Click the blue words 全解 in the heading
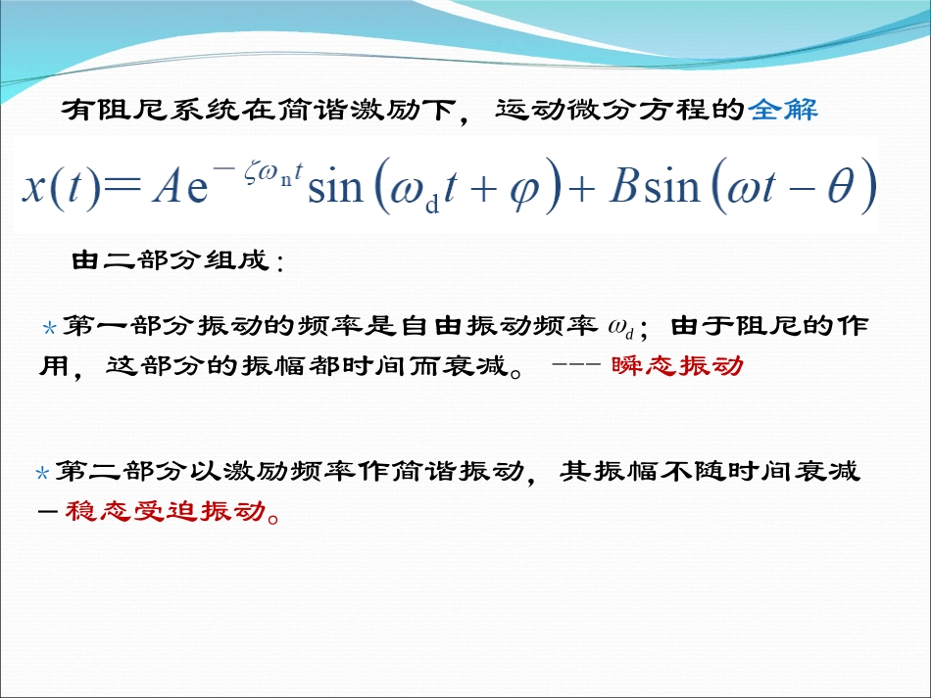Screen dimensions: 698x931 click(x=783, y=110)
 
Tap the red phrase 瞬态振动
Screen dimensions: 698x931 click(x=677, y=366)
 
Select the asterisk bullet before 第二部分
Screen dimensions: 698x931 click(x=41, y=475)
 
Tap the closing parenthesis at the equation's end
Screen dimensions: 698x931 click(x=866, y=185)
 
